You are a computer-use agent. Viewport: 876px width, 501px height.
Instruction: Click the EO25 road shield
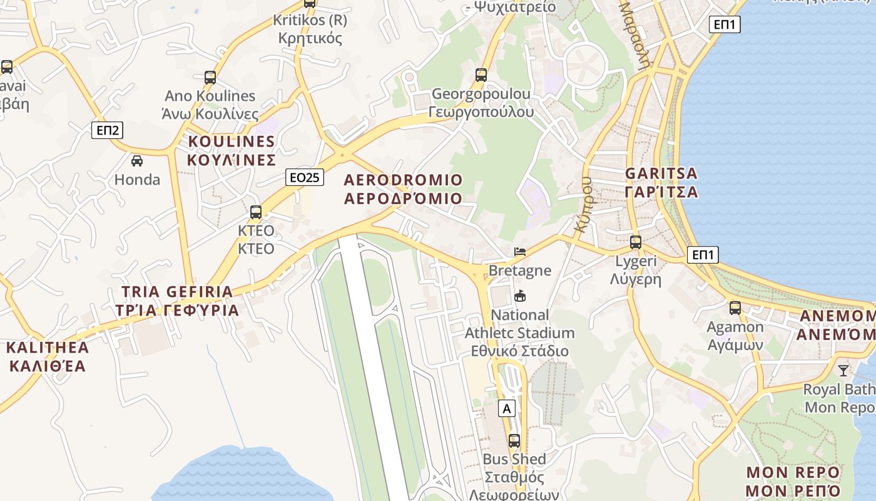point(305,177)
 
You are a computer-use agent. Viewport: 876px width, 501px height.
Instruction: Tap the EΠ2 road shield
point(108,130)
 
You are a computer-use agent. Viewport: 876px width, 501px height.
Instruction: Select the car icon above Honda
point(137,161)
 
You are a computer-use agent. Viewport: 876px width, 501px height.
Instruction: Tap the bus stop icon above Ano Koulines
point(210,78)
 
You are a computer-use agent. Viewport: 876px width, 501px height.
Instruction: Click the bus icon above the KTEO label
point(255,212)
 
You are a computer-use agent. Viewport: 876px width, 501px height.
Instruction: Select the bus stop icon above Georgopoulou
point(481,75)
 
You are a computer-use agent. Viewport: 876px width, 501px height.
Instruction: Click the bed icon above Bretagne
point(520,252)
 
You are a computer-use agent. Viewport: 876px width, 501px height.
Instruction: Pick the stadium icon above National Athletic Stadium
point(519,296)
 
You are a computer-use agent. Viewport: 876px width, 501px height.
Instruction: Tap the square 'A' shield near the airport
point(507,409)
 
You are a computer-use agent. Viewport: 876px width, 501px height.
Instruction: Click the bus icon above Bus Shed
point(514,441)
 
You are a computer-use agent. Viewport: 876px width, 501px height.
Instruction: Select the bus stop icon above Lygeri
point(636,242)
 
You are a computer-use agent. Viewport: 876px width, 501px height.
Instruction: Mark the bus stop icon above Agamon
point(735,308)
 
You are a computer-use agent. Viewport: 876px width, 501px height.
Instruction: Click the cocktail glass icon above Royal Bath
point(843,371)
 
